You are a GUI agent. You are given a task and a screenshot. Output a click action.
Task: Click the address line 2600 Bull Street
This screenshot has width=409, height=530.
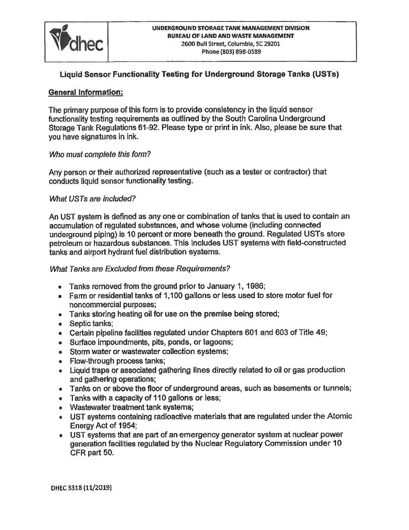point(231,44)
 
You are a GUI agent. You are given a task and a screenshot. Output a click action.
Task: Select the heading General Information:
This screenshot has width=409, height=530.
point(86,93)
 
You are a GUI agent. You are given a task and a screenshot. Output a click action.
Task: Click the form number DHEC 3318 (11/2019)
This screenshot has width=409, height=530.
point(81,487)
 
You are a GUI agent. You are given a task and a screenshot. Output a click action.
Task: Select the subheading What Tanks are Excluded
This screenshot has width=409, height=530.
point(140,269)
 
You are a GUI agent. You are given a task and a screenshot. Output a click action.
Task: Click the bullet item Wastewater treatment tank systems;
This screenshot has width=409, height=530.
point(131,407)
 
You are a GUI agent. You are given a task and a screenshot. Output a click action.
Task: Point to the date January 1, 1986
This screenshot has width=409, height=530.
point(237,286)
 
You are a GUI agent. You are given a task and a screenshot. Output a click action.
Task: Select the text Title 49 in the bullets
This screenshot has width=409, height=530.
point(316,332)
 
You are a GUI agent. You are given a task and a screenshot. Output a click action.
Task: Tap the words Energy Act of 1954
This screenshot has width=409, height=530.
point(103,426)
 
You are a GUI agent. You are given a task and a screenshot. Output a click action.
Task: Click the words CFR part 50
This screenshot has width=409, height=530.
point(92,453)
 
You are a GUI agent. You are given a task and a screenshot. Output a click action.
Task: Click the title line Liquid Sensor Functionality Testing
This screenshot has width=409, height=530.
point(199,74)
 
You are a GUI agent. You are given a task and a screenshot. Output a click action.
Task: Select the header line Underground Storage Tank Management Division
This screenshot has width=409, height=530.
point(231,28)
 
